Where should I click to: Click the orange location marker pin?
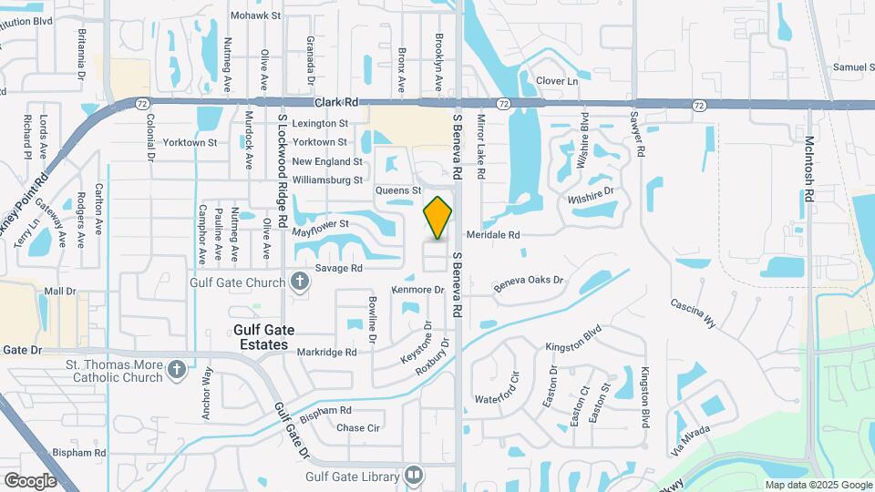pos(438,218)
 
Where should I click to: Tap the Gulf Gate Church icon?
pos(300,282)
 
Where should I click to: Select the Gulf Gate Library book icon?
pos(414,476)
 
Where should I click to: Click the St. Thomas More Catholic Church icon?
pos(177,371)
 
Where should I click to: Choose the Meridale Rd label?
pos(497,234)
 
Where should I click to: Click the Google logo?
pos(30,480)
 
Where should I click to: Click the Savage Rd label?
pos(339,268)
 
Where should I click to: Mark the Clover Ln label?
pos(557,82)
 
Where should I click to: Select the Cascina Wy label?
pos(693,312)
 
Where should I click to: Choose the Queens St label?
pos(397,190)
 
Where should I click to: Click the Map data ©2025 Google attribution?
pos(818,485)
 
